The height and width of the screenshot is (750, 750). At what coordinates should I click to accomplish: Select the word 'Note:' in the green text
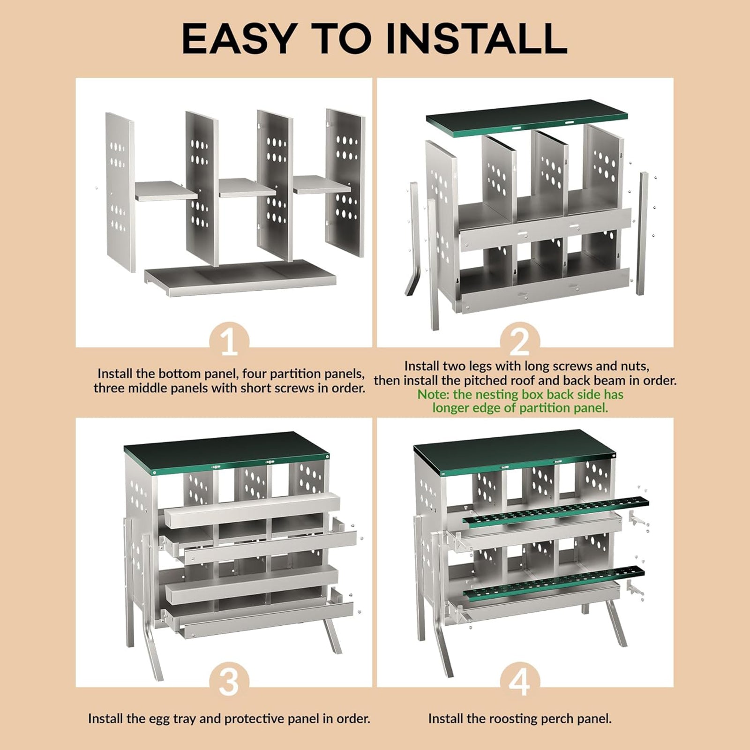[434, 395]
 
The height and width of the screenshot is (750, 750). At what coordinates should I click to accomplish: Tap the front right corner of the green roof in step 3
[329, 455]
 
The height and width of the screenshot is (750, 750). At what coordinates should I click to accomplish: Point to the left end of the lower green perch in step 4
[465, 594]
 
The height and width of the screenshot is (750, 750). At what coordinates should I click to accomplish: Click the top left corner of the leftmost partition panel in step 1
[106, 113]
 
